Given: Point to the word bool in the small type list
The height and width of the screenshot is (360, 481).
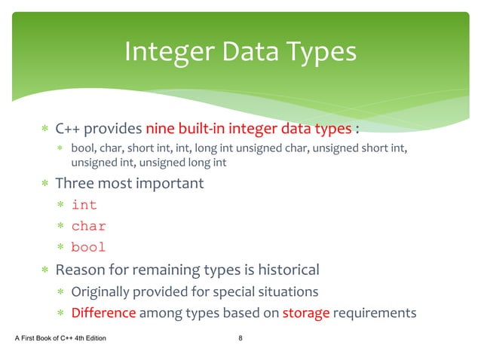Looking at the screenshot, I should [x=83, y=147].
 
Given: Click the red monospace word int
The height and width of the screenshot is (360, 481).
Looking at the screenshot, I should [x=84, y=204].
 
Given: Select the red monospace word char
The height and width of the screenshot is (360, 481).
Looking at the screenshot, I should [x=88, y=226].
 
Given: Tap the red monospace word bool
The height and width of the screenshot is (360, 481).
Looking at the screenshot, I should [x=88, y=247].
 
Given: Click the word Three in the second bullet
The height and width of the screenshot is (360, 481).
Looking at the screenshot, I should [x=75, y=183].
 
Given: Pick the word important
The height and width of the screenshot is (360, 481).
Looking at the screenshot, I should [x=170, y=183].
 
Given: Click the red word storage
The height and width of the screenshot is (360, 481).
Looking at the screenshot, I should [x=306, y=313].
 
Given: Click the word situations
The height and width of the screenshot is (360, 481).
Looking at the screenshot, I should [x=285, y=291].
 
